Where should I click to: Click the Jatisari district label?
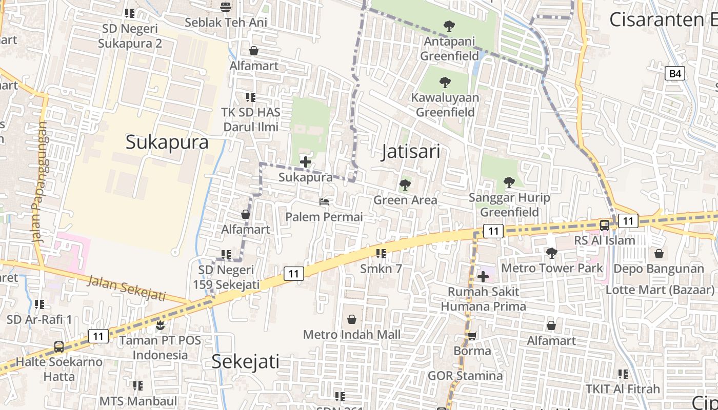[x=410, y=152]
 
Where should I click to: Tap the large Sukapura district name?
[x=167, y=142]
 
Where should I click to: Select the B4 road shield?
[x=675, y=73]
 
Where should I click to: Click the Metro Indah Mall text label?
[x=352, y=335]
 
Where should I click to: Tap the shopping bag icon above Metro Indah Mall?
[x=352, y=319]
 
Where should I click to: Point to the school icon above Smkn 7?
[x=381, y=253]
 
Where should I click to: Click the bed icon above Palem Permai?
[x=324, y=202]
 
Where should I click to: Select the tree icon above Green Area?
[x=405, y=184]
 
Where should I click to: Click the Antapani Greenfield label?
[x=449, y=48]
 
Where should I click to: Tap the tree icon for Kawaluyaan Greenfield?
[x=445, y=82]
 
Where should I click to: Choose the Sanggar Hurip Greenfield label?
[x=509, y=204]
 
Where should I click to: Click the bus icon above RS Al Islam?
[x=605, y=225]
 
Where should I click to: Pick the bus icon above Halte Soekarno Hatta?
[x=59, y=347]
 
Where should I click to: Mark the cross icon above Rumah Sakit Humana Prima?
[x=483, y=277]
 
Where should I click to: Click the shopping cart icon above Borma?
[x=472, y=336]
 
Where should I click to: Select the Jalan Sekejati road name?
[x=127, y=288]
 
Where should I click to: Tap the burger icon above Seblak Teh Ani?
[x=225, y=7]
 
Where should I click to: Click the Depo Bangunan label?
[x=659, y=269]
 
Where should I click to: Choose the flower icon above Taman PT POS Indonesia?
[x=161, y=324]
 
